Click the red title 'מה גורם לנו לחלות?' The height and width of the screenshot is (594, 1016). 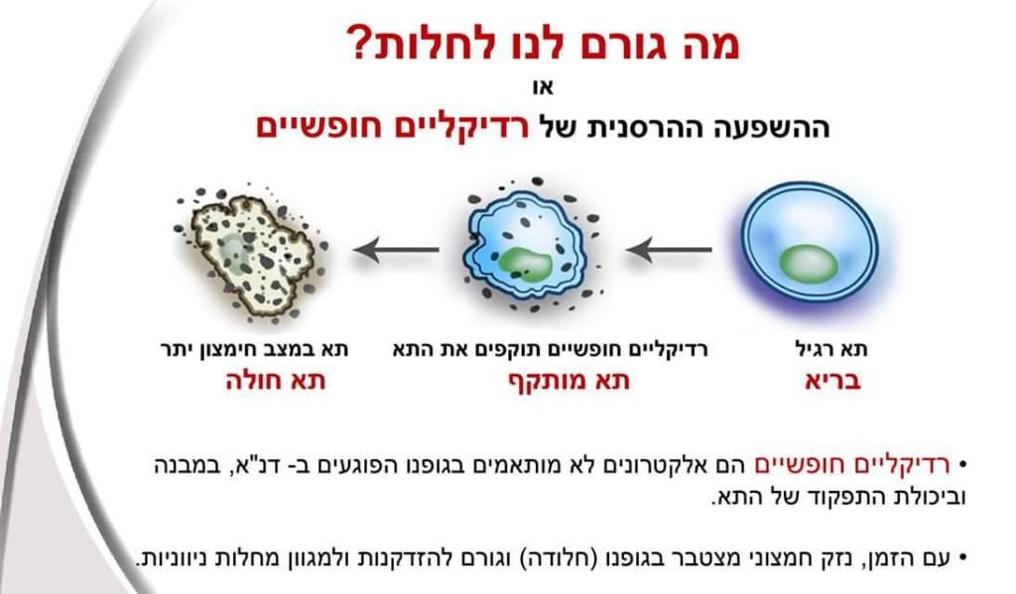pyautogui.click(x=544, y=43)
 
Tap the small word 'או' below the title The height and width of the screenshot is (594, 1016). pyautogui.click(x=543, y=87)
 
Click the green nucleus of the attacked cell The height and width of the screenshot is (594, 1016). pyautogui.click(x=526, y=264)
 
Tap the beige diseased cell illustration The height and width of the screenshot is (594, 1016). pyautogui.click(x=251, y=255)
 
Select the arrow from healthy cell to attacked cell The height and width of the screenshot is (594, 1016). pyautogui.click(x=670, y=249)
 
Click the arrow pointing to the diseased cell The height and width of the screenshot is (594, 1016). pyautogui.click(x=396, y=249)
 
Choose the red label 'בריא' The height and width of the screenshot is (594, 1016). pyautogui.click(x=832, y=381)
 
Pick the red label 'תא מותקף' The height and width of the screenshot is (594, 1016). pyautogui.click(x=569, y=381)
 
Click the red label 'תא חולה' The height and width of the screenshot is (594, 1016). pyautogui.click(x=276, y=381)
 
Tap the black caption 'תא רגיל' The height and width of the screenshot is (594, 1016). pyautogui.click(x=831, y=349)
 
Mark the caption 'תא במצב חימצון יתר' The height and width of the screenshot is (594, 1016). pyautogui.click(x=255, y=349)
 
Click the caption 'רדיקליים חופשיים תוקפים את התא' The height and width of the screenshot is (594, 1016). pyautogui.click(x=550, y=349)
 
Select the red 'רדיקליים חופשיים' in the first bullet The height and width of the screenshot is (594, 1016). pyautogui.click(x=852, y=464)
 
